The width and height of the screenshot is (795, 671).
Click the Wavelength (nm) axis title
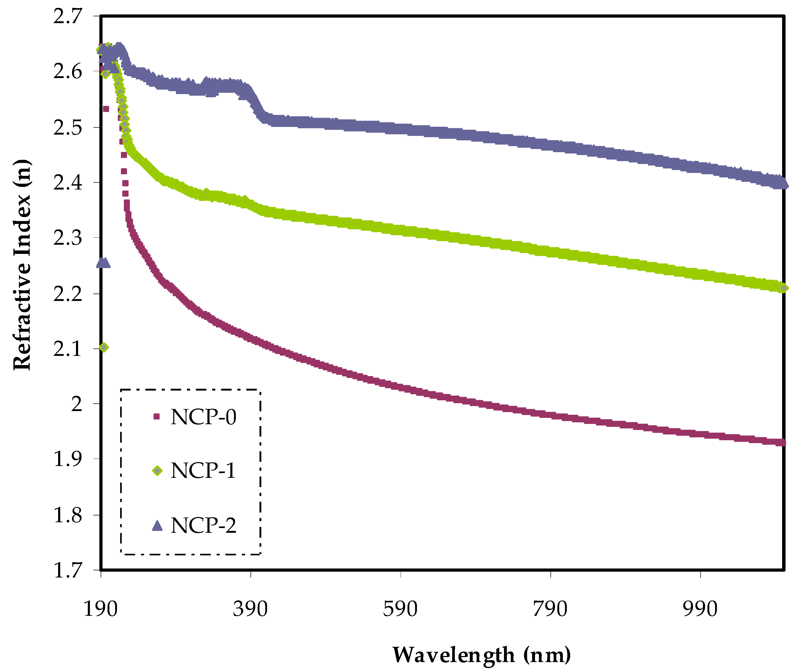[x=482, y=655]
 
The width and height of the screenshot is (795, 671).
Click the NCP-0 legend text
[x=203, y=417]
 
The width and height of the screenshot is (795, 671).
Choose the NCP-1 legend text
[x=203, y=471]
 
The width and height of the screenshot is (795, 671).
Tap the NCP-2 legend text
[x=203, y=526]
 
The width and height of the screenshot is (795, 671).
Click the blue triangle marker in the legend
[x=157, y=526]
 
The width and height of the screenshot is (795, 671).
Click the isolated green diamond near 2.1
[x=104, y=347]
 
